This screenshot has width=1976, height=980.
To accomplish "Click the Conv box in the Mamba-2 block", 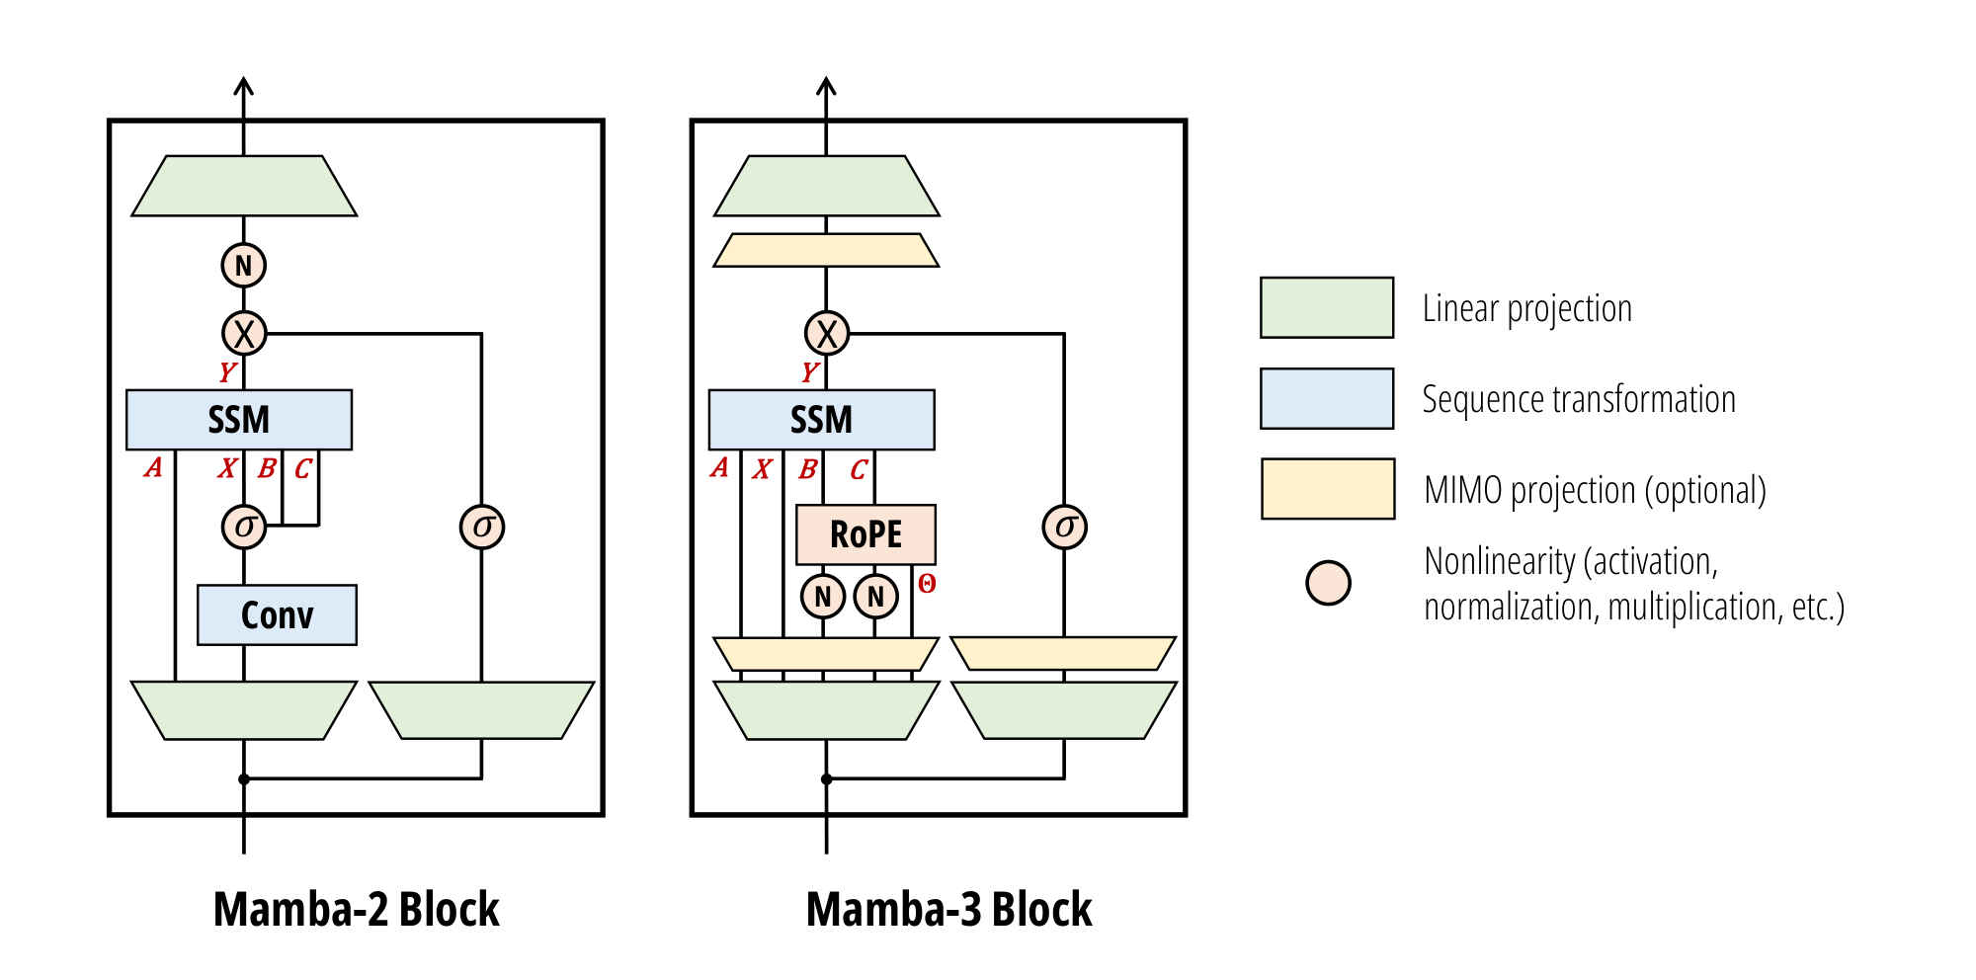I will click(x=277, y=615).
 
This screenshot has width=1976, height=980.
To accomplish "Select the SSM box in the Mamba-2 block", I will click(x=239, y=420).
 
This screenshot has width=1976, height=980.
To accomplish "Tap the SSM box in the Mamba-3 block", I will click(x=821, y=420).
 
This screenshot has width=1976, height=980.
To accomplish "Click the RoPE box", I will click(x=865, y=534).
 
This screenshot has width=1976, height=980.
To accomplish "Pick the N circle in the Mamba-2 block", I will click(x=244, y=266).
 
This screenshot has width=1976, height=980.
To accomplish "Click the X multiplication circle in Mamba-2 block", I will click(x=244, y=334).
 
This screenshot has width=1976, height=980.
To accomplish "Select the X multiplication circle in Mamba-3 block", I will click(x=827, y=334).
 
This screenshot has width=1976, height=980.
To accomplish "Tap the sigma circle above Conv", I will click(x=244, y=527).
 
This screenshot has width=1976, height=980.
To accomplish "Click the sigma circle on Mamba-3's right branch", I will click(x=1064, y=527).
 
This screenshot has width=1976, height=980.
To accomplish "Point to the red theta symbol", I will click(x=927, y=584).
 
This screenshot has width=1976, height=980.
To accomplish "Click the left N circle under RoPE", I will click(x=823, y=597).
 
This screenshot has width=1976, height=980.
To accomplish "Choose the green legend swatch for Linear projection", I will click(x=1327, y=308).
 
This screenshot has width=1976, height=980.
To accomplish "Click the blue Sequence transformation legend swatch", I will click(x=1327, y=399).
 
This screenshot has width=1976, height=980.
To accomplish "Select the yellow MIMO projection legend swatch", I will click(x=1327, y=489).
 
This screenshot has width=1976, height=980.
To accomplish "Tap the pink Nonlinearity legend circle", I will click(x=1328, y=583).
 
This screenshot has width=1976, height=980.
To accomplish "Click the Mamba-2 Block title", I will click(x=356, y=909).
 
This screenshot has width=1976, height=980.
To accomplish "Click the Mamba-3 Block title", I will click(x=948, y=909).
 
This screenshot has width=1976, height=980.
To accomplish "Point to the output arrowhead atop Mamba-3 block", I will click(x=827, y=87).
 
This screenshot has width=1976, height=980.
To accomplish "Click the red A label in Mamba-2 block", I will click(x=153, y=467).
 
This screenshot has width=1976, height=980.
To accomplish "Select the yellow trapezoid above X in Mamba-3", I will click(x=826, y=250).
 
